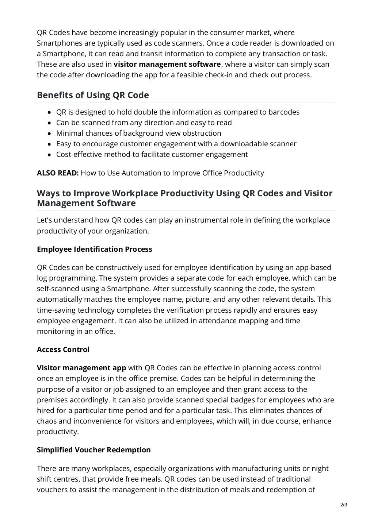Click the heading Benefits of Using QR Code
click(93, 95)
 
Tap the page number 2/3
click(343, 505)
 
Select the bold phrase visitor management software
click(167, 65)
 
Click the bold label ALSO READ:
click(58, 173)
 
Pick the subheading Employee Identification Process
click(94, 249)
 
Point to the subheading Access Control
click(63, 350)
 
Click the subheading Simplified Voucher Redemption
click(93, 450)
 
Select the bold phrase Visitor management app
click(81, 368)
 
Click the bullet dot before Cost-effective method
click(49, 155)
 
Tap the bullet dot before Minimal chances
click(49, 134)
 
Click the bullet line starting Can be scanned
click(144, 123)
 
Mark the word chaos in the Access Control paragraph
click(47, 421)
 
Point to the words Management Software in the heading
click(86, 203)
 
